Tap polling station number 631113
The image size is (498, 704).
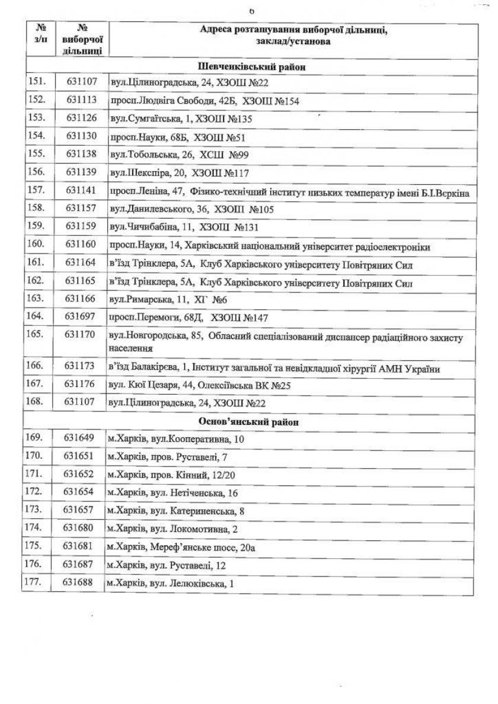click(x=81, y=100)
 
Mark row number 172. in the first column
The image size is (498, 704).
click(x=35, y=492)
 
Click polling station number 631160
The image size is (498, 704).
click(x=81, y=246)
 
